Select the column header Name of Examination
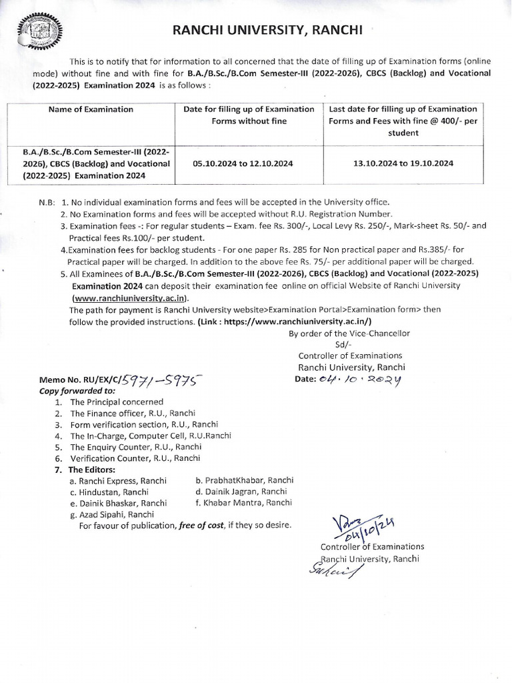point(91,109)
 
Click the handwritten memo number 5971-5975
point(159,380)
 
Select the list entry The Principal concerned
point(116,402)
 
